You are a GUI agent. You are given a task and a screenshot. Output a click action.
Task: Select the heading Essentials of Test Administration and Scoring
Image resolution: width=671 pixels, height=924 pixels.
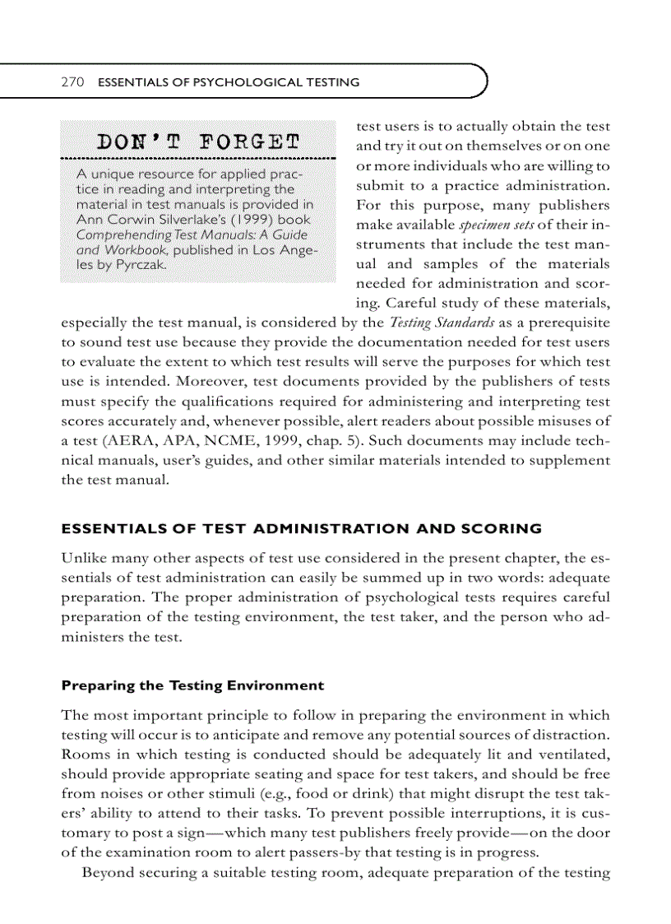click(x=302, y=528)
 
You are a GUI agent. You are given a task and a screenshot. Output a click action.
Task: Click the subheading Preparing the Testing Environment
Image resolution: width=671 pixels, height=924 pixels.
click(x=192, y=685)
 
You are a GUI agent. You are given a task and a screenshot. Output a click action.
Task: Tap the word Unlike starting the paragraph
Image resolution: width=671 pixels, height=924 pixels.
click(x=84, y=558)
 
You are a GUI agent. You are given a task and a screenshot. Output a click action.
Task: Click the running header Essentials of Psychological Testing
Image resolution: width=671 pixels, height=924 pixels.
click(x=229, y=82)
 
